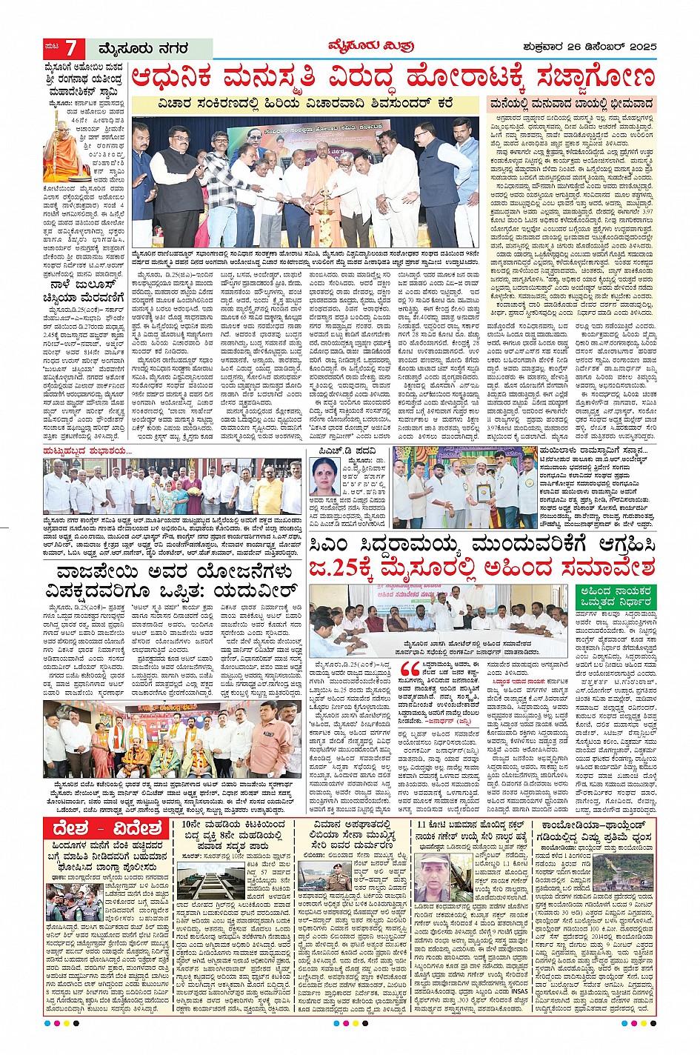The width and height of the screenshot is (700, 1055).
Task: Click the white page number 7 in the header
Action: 70,49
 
